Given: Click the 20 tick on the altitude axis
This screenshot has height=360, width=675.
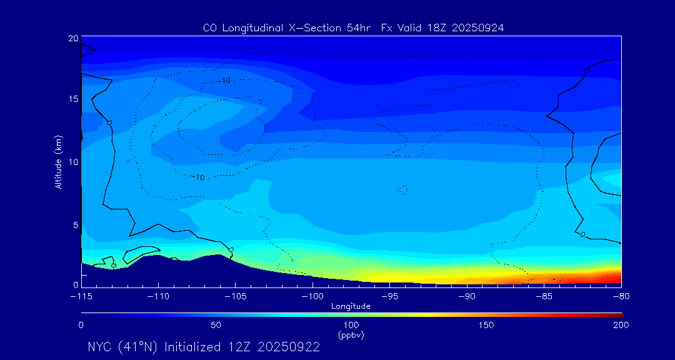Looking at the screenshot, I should (73, 39).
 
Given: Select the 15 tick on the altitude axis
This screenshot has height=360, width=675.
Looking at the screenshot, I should (73, 99).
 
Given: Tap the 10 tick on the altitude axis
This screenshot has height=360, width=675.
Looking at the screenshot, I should (73, 162).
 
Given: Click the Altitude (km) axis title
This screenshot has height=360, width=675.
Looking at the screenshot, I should (59, 162).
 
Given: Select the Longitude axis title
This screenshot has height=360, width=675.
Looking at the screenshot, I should (351, 306).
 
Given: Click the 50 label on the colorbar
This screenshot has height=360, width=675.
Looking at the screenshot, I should (216, 326).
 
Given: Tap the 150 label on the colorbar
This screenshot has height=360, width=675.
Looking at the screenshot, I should (486, 326).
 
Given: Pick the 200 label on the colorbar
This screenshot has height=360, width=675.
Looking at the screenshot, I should (621, 326).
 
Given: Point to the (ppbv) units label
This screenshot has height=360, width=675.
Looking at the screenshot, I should (351, 335).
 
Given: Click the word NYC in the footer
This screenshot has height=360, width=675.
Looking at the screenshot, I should (102, 347).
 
